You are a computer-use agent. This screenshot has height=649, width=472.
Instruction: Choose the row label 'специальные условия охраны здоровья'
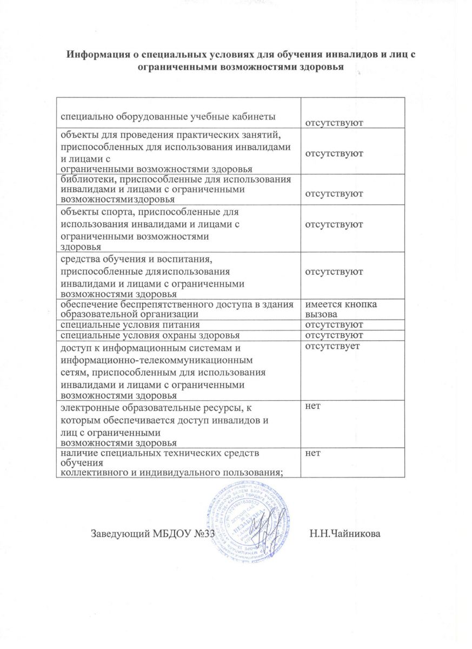coord(147,335)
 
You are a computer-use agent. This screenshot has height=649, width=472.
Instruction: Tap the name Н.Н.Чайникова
coord(345,535)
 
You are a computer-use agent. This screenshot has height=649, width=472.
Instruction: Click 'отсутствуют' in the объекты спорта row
coord(334,223)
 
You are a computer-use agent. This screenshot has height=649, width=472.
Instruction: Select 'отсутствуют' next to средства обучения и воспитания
coord(334,271)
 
